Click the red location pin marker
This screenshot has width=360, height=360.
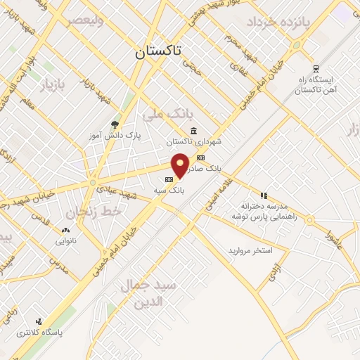click(x=181, y=165)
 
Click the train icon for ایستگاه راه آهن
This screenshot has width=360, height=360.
click(x=316, y=69)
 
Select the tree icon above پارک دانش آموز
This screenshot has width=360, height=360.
click(x=115, y=124)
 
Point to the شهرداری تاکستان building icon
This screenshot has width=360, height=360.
click(x=193, y=130)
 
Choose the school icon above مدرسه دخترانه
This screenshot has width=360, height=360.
click(x=263, y=195)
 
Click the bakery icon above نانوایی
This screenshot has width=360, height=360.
click(x=66, y=229)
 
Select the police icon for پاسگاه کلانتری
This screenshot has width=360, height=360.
click(x=39, y=320)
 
